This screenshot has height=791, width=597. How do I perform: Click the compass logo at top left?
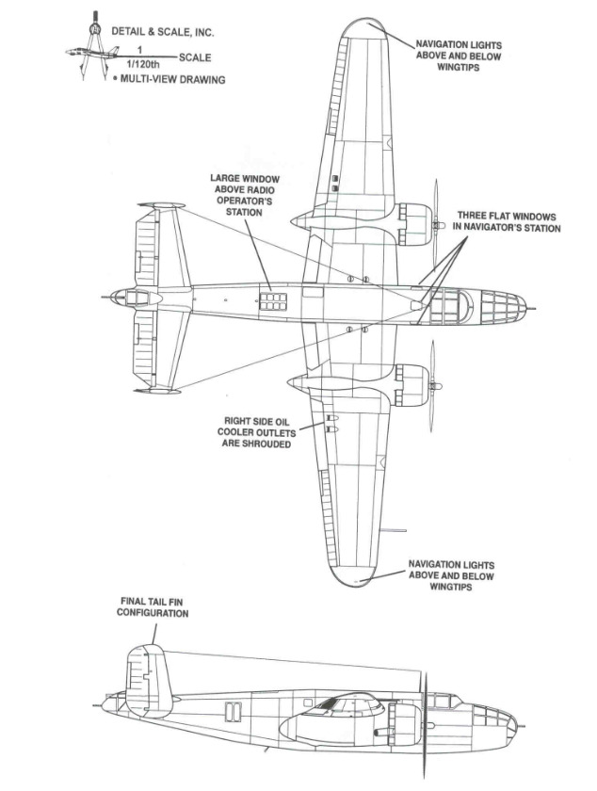pos(89,48)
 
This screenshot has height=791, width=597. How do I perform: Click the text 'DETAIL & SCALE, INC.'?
pos(163,31)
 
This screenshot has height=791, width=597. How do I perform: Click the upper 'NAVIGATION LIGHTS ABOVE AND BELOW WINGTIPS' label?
pos(460,56)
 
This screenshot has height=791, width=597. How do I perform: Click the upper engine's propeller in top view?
pos(436,222)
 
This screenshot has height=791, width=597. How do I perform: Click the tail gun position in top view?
pos(122,299)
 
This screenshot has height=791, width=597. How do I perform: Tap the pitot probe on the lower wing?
pos(396,531)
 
